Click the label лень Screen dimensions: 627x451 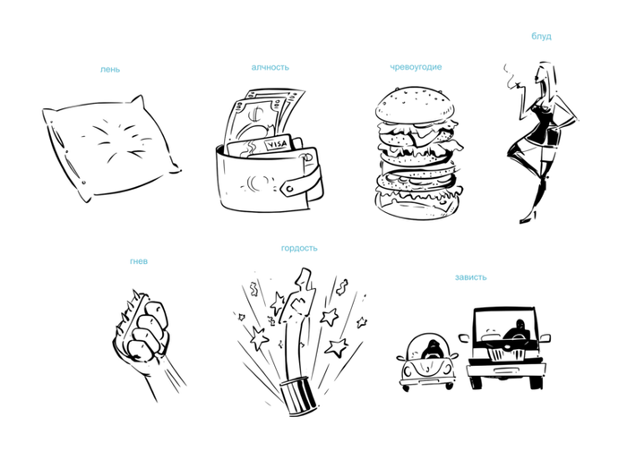[110, 70]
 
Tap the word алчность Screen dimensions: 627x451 [271, 67]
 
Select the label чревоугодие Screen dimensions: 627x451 [416, 67]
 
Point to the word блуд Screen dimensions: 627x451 [541, 37]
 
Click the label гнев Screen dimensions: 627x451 [139, 261]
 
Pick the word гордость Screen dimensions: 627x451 [299, 248]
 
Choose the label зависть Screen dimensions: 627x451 [470, 277]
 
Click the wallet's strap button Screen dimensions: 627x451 [290, 188]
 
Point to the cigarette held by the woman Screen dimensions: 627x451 [512, 85]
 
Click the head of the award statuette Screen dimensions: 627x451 [304, 277]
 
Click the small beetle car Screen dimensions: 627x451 [427, 362]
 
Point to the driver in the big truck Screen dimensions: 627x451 [519, 332]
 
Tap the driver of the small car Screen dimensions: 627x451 [432, 349]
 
